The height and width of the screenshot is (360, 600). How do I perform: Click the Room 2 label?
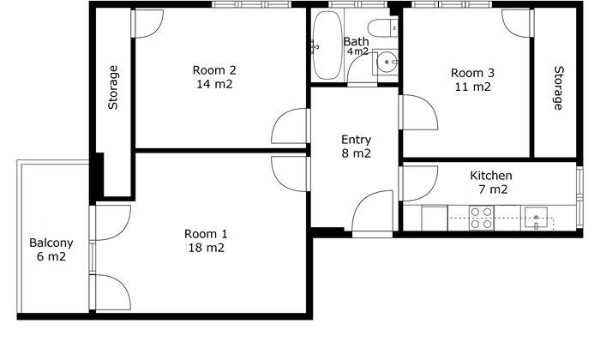coord(214,70)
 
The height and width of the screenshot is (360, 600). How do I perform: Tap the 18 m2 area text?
coord(207,248)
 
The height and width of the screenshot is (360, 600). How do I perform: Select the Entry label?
coord(356,141)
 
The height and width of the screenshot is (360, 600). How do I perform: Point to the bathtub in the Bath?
coord(327,45)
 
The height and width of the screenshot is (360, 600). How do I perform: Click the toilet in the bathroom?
coord(382,27)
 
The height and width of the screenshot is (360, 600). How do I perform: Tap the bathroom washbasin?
coord(387,62)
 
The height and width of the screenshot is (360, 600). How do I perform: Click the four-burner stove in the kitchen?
coord(482,218)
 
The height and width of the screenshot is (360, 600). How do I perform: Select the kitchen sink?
coord(536,219)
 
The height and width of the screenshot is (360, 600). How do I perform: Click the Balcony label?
coord(51,243)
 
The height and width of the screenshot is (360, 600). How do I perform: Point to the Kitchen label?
coord(491,176)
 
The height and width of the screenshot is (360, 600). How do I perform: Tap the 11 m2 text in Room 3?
coord(472,87)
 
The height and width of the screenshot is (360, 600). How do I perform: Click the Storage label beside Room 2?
coord(113,87)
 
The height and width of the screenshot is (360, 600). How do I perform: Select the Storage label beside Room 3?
coord(559,88)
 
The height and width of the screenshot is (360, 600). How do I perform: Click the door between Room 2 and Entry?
coord(290,126)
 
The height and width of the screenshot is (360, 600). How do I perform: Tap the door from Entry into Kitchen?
coord(418,183)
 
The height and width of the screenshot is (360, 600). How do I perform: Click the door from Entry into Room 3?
coord(418,112)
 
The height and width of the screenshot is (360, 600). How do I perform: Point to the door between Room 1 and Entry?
coord(290,174)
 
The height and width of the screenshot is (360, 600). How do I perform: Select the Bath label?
coord(357,41)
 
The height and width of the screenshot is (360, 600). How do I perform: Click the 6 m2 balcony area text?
coord(51,256)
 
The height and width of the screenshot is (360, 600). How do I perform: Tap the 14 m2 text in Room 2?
coord(214,84)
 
